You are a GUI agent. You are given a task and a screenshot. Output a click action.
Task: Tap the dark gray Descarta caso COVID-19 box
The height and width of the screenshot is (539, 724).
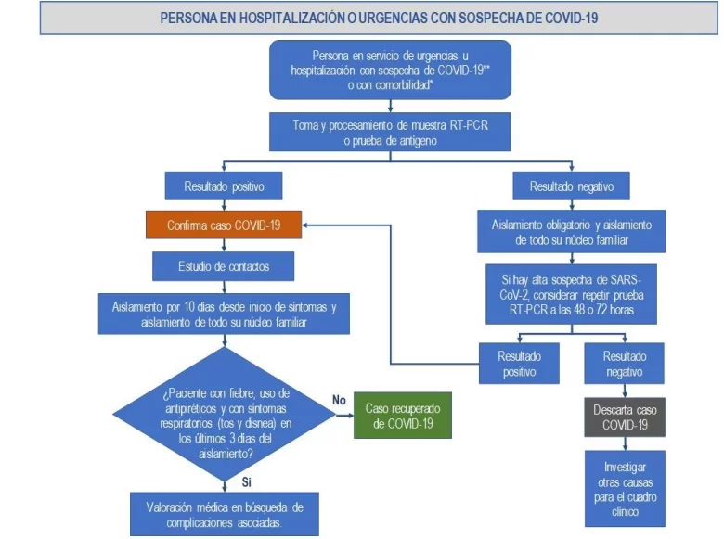(x=624, y=417)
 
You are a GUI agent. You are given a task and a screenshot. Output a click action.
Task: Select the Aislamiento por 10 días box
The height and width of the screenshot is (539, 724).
(x=225, y=314)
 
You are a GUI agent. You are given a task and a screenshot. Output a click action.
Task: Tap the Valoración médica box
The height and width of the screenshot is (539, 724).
(x=225, y=513)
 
